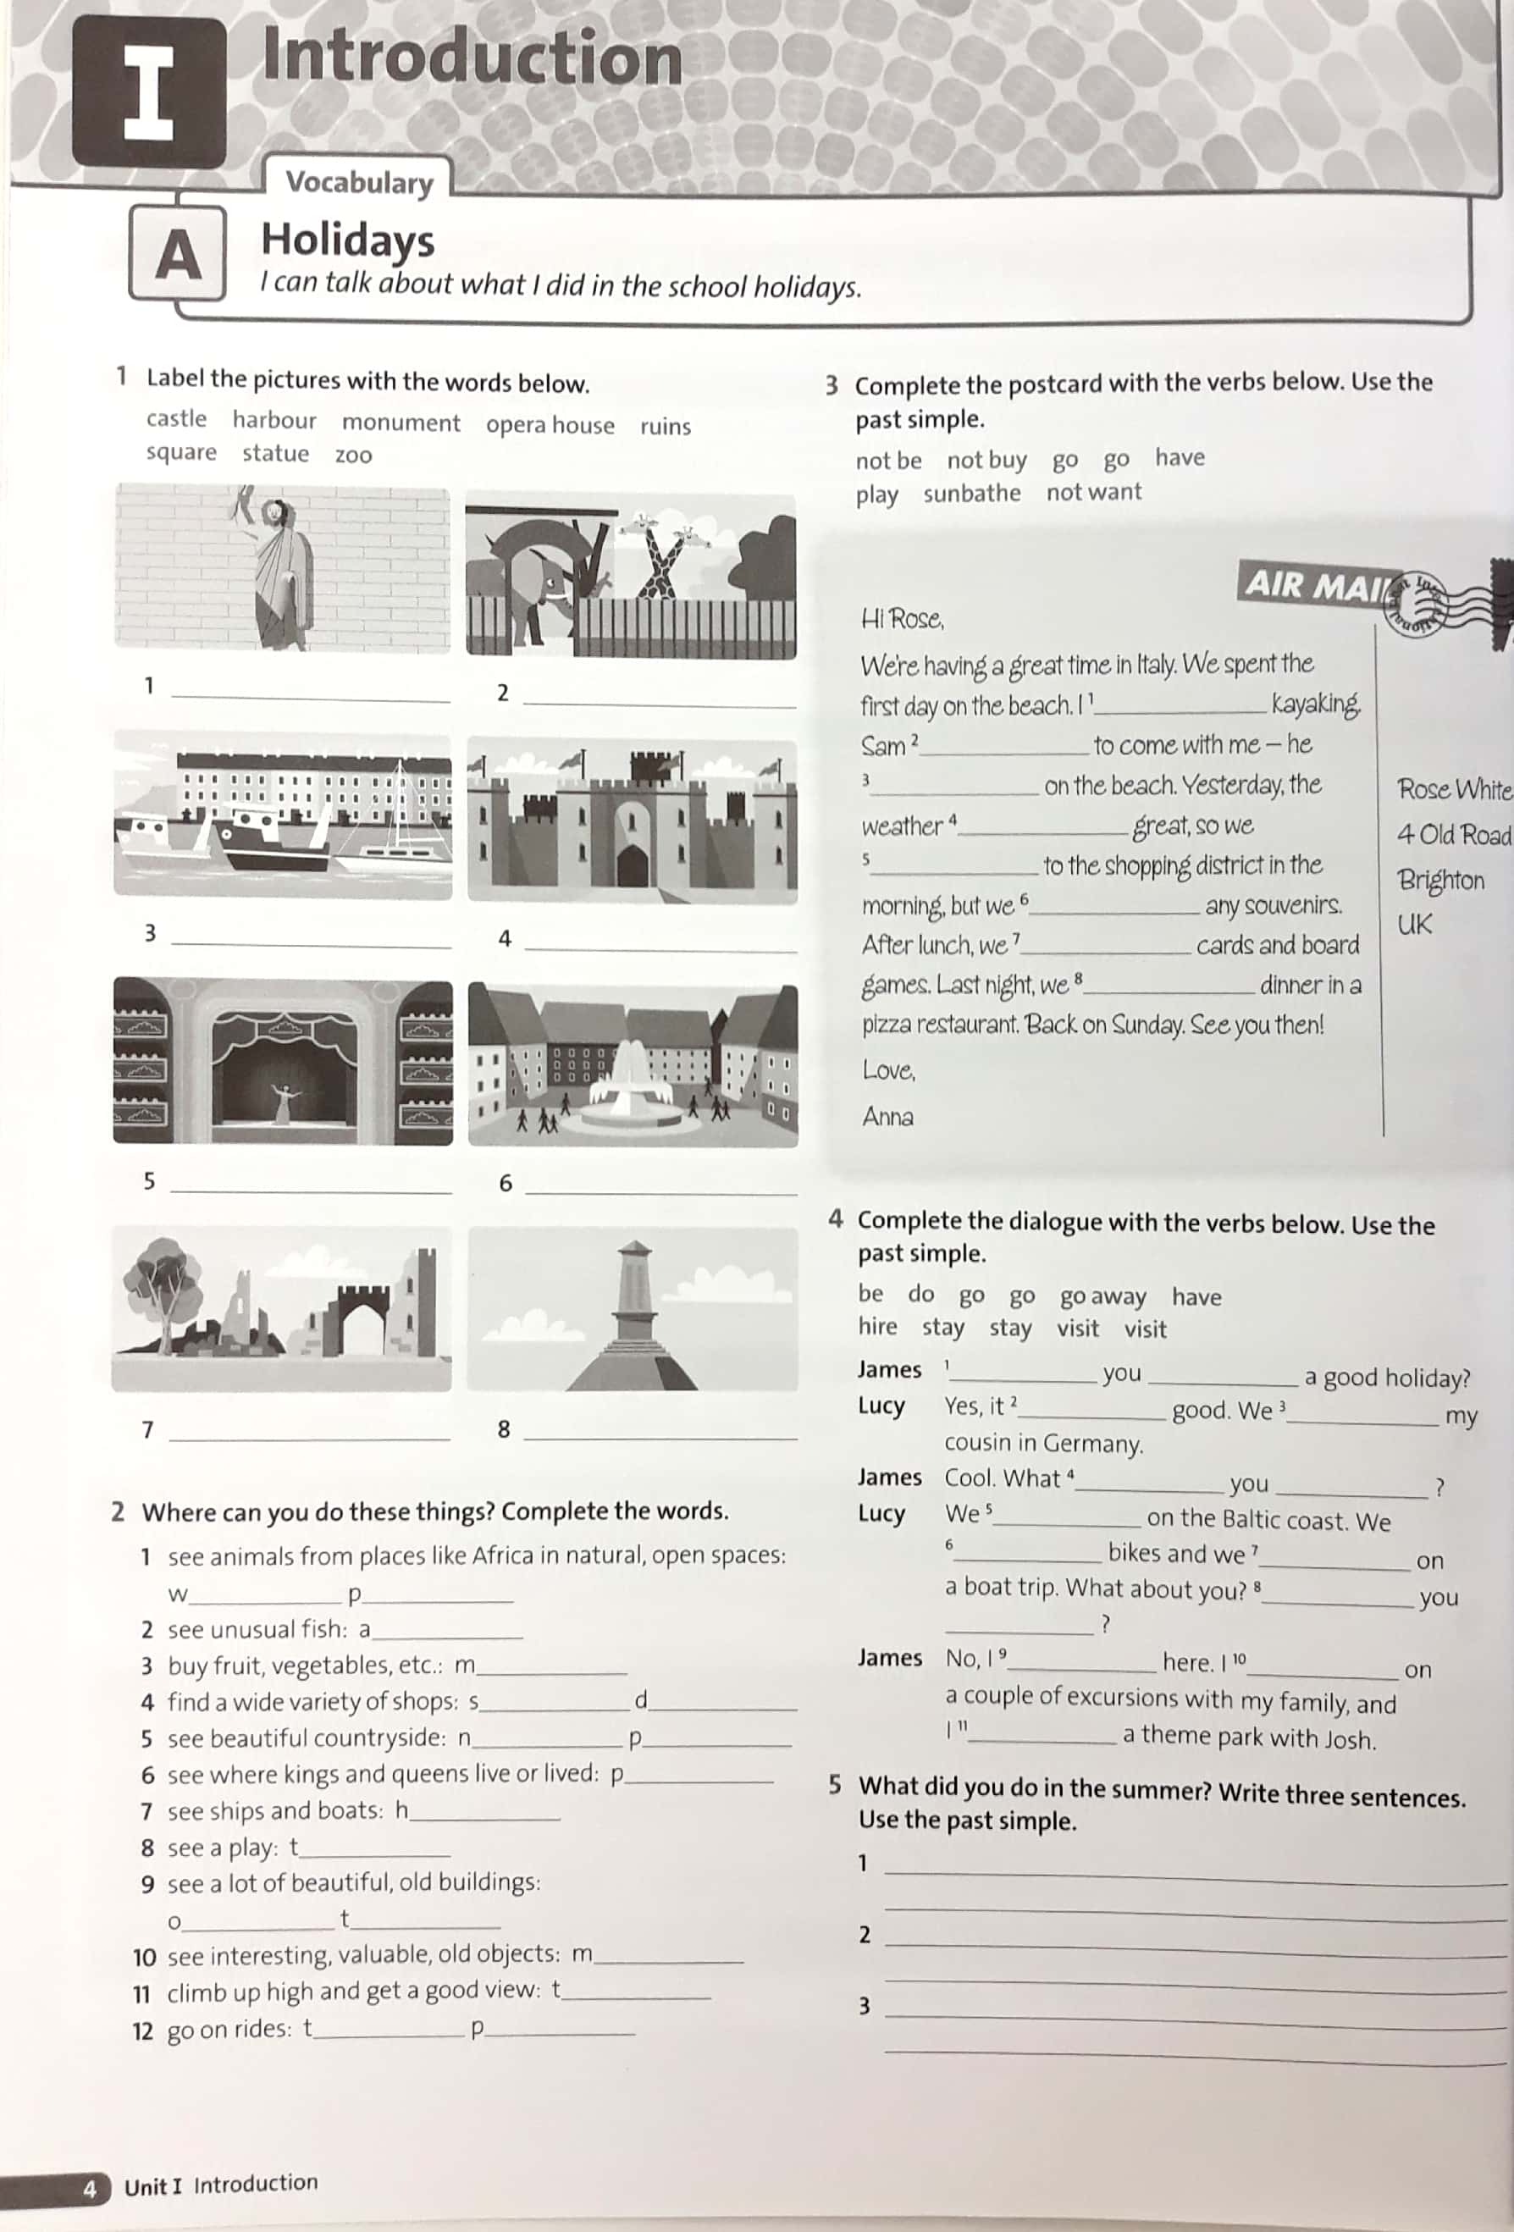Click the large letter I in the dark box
pos(149,93)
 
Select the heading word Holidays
pos(347,240)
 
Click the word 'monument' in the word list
pos(401,423)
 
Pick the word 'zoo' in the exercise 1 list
pos(352,456)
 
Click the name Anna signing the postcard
pos(887,1116)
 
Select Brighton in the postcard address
pos(1439,880)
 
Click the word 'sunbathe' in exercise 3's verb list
pos(971,494)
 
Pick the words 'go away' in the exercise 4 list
pos(1102,1296)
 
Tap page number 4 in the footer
pos(90,2189)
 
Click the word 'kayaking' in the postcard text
pos(1315,704)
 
